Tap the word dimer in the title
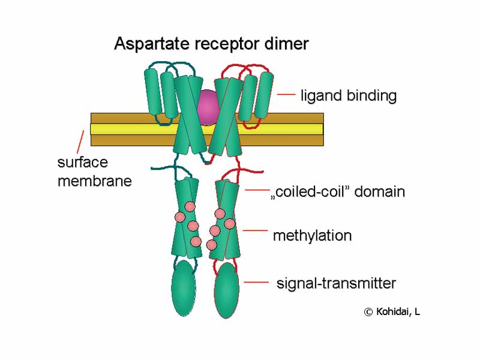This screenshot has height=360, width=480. pos(287,44)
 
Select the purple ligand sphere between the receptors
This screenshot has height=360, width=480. pos(208,107)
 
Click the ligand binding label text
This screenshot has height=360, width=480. pos(348,95)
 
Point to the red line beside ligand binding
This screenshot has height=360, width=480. pos(286,94)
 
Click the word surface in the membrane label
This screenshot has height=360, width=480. pos(82,163)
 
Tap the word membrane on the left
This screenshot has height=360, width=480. pos(94,181)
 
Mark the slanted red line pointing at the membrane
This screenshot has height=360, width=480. pos(79,141)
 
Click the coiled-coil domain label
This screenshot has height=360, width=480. pos(338,192)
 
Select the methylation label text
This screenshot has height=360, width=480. pos(312,236)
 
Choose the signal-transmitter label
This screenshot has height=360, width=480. pos(336,283)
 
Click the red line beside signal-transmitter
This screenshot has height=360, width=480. pos(256,282)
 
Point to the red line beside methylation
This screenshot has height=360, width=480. pos(255,230)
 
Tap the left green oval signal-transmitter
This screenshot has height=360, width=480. pos(184,290)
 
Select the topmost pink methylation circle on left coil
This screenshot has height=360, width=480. pos(190,206)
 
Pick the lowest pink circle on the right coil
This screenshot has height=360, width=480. pos(211,245)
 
